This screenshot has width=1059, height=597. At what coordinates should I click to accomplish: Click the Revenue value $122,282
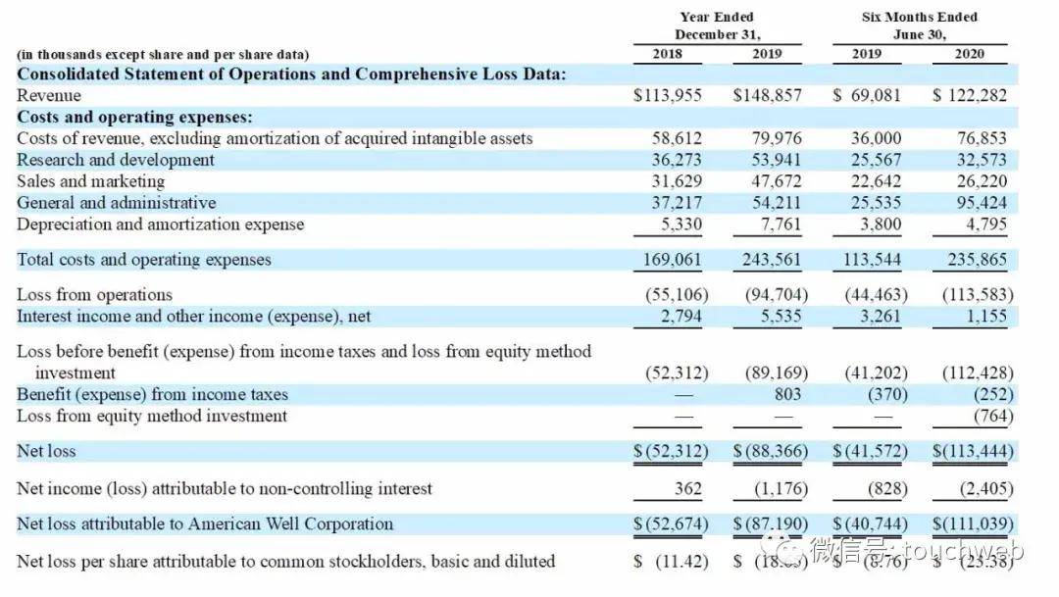tap(970, 95)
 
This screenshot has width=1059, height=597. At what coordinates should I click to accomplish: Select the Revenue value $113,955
tap(670, 95)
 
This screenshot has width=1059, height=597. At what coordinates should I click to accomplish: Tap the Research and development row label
tap(116, 160)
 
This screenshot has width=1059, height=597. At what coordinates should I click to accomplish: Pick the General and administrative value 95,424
tap(982, 203)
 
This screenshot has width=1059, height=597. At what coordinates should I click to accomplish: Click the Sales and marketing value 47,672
tap(776, 181)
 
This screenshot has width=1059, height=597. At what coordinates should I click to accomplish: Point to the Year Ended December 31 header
tap(718, 25)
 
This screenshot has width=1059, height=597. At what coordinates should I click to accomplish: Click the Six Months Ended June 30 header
tap(919, 25)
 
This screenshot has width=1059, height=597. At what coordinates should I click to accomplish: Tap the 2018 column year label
tap(668, 54)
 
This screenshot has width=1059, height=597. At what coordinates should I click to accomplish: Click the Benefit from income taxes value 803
tap(786, 394)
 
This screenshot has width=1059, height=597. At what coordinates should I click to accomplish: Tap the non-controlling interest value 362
tap(686, 488)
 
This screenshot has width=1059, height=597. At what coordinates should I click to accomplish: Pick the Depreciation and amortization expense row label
tap(161, 224)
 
